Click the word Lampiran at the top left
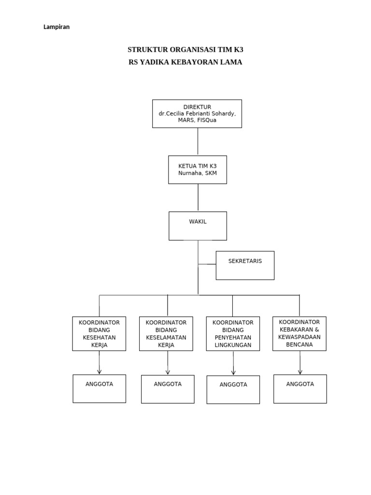(57, 27)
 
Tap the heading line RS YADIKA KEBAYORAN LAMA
(185, 62)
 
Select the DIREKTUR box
(197, 114)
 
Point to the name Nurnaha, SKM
(197, 173)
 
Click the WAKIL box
(198, 226)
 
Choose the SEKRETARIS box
(245, 265)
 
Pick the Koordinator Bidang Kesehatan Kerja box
(99, 334)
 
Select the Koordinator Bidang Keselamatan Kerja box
(166, 334)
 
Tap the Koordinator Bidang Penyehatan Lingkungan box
(233, 334)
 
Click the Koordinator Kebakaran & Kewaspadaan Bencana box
(300, 333)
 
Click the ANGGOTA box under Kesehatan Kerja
(99, 389)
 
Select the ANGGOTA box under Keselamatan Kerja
(168, 389)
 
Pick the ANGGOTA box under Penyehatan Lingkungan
(233, 390)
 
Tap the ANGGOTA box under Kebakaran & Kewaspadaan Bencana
(300, 389)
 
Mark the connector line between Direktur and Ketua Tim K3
(198, 142)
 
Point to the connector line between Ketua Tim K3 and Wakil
(198, 197)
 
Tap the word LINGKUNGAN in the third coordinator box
(233, 345)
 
